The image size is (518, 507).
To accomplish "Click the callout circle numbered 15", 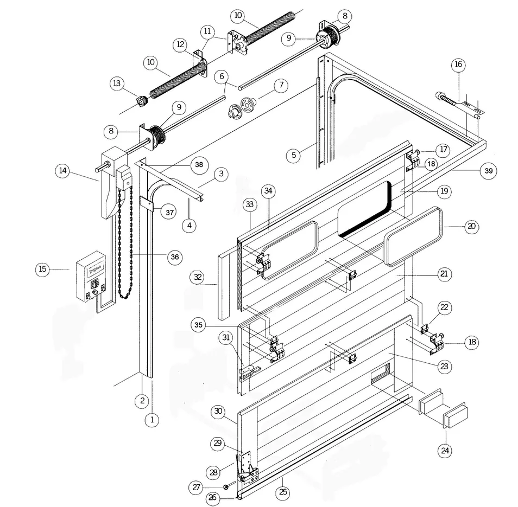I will (43, 269).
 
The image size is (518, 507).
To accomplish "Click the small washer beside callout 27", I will (226, 486).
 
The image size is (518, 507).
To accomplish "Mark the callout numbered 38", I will (199, 164).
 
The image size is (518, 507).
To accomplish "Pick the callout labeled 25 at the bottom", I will (283, 492).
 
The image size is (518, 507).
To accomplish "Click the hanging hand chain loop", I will (125, 244).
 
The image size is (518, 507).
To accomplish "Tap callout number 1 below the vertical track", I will (152, 419).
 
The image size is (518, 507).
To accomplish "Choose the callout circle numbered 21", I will (444, 274).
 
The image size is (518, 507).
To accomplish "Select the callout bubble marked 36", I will (174, 256).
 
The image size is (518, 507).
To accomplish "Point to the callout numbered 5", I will (294, 155).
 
